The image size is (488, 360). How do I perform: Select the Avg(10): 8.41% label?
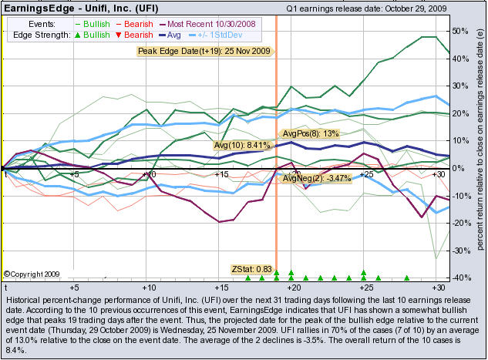coord(241,144)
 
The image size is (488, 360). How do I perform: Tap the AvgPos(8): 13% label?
coord(311,134)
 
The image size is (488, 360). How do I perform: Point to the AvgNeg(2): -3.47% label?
coord(317,178)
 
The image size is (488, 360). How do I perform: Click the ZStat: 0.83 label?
coord(247,268)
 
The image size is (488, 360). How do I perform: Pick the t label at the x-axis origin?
coord(5,175)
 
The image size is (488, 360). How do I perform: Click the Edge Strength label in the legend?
coord(37,35)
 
